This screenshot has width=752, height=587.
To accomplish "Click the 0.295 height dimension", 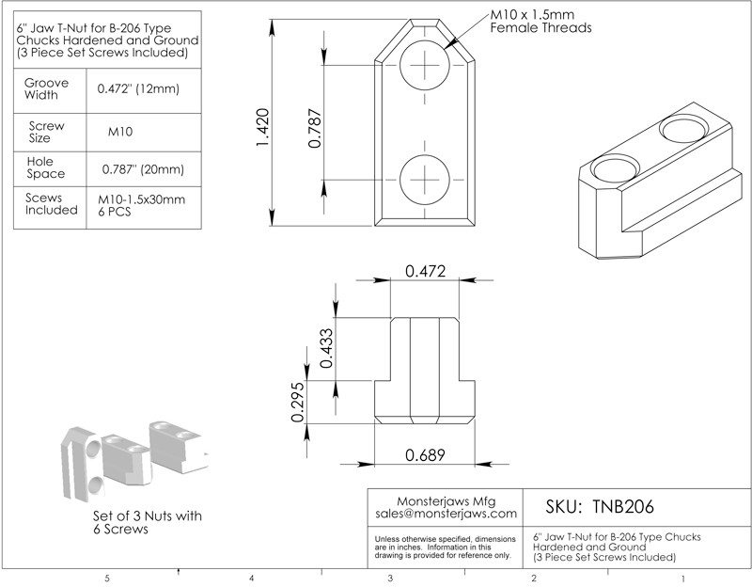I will [298, 402].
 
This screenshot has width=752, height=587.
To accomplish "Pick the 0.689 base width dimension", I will [424, 454].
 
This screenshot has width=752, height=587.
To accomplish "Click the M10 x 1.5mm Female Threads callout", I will [540, 22].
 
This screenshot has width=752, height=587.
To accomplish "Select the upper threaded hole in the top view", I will [424, 66].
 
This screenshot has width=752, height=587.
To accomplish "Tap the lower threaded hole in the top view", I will [424, 178].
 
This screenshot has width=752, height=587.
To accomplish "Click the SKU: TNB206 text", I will [600, 506].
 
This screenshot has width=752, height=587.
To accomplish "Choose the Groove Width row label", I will [46, 88].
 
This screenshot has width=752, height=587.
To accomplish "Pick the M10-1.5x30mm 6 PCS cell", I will [142, 206].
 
